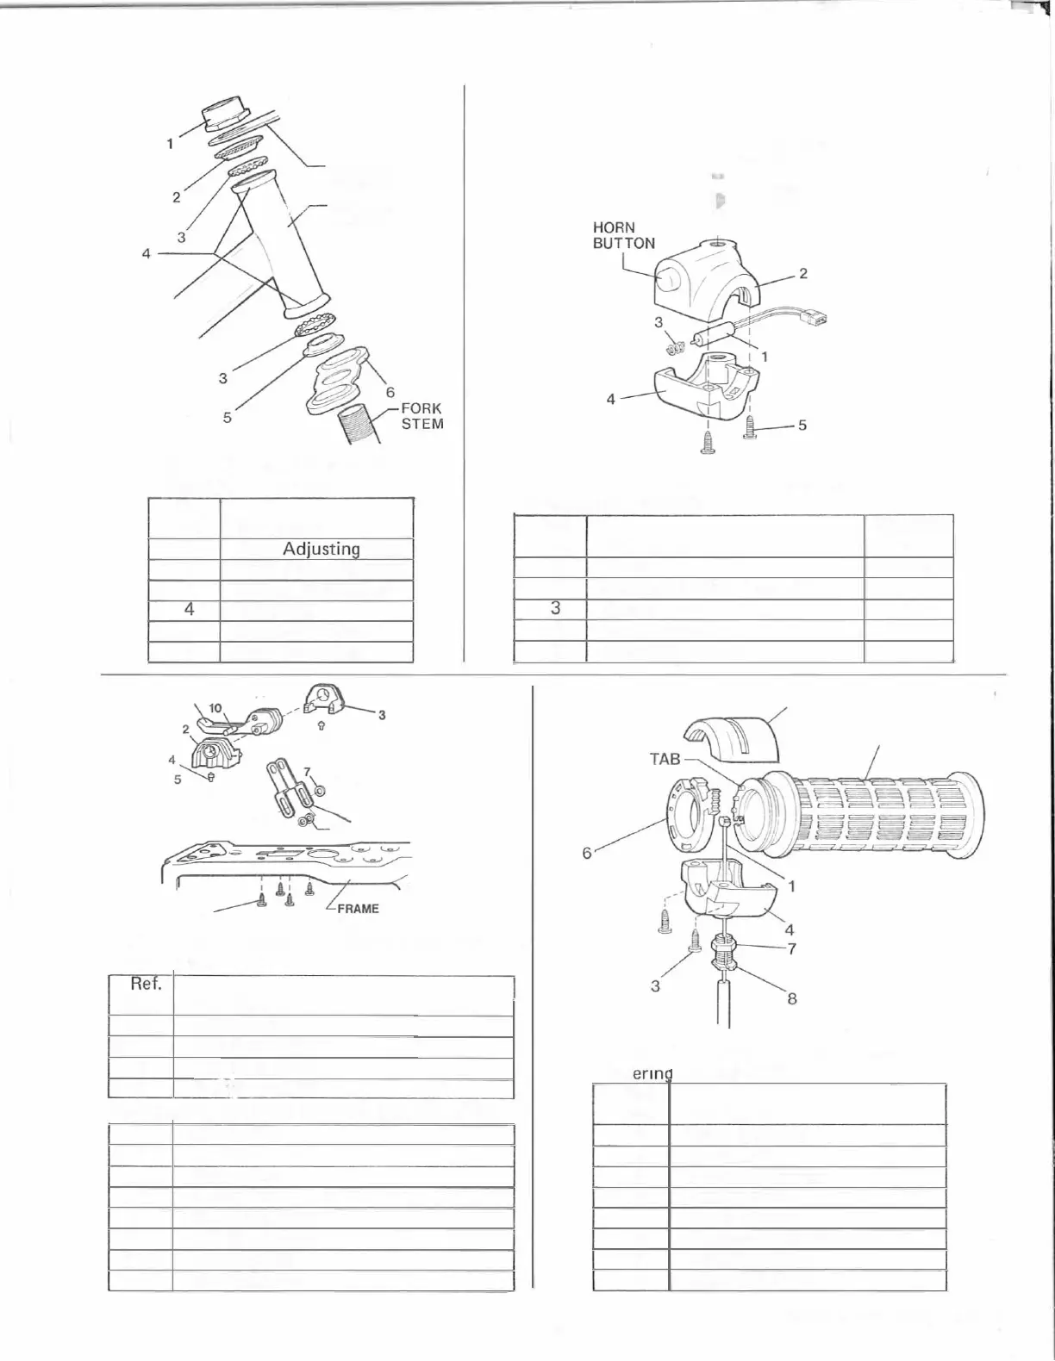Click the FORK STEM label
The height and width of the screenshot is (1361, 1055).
[x=421, y=416]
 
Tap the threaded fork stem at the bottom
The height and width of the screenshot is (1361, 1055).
[x=363, y=426]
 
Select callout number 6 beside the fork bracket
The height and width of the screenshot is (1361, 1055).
[x=390, y=392]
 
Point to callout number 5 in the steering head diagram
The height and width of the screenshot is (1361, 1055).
[x=228, y=419]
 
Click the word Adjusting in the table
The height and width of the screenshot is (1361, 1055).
[x=321, y=549]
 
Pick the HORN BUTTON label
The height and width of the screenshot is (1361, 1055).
[x=623, y=235]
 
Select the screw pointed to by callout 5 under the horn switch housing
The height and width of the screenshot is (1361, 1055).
[x=749, y=426]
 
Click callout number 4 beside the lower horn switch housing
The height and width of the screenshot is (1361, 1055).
[x=610, y=399]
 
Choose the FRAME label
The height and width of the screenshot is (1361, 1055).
[x=358, y=908]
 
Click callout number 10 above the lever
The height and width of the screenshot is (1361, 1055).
[x=215, y=708]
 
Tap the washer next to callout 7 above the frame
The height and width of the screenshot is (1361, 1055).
[x=320, y=790]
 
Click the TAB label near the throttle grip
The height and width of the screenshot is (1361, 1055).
[x=665, y=759]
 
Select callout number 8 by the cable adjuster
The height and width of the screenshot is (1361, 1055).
[x=792, y=999]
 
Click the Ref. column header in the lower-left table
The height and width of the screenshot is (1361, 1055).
[x=146, y=984]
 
